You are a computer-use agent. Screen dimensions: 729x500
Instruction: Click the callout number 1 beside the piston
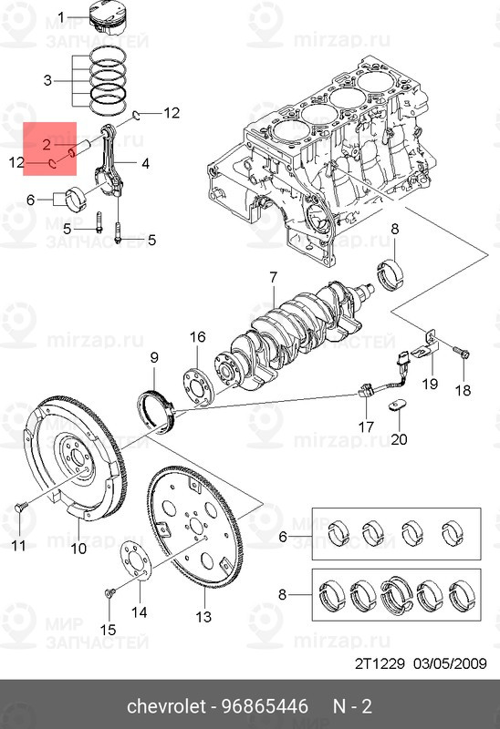click(62, 17)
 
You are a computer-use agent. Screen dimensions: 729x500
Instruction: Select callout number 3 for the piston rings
click(47, 80)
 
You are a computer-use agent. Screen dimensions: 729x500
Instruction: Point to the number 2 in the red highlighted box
click(45, 144)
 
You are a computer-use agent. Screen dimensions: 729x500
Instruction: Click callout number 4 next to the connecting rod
click(145, 164)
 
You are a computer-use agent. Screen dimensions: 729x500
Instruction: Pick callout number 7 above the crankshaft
click(272, 276)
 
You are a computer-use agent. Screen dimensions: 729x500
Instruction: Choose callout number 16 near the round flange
click(197, 337)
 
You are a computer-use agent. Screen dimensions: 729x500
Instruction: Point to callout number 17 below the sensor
click(366, 426)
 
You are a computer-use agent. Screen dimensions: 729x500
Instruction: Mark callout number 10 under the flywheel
click(79, 549)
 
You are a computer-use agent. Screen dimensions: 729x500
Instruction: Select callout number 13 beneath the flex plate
click(203, 618)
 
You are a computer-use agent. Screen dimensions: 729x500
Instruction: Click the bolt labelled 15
click(109, 593)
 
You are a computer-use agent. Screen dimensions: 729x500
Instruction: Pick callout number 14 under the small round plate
click(140, 611)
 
